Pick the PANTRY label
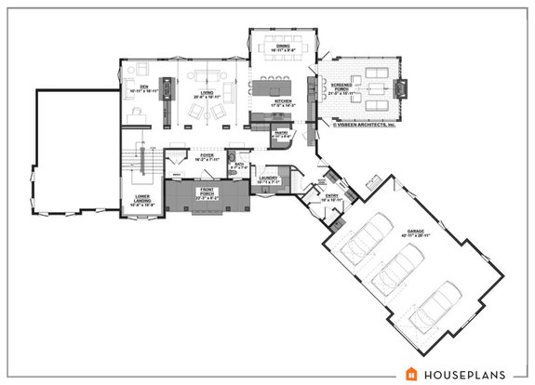pos(279,134)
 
